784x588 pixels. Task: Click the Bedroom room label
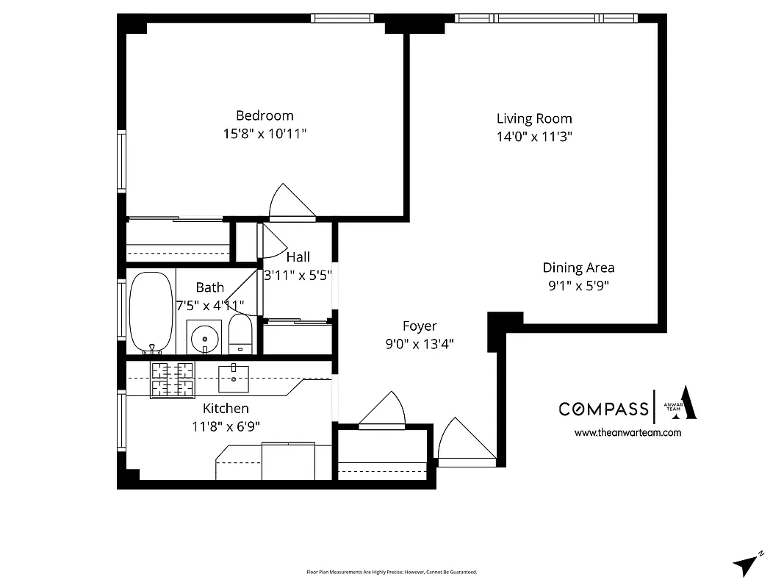tap(265, 115)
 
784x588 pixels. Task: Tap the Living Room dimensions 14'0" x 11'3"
tap(533, 136)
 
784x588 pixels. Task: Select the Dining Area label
tap(578, 268)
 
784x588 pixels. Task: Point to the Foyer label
tap(420, 326)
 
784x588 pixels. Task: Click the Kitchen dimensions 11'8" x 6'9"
tap(226, 426)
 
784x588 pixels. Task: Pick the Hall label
tap(298, 257)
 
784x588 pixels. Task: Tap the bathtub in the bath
tap(151, 312)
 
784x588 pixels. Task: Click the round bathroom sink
tap(204, 339)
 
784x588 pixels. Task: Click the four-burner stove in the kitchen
tap(173, 380)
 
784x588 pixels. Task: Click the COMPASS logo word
tap(603, 409)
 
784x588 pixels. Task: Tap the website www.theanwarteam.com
tap(627, 433)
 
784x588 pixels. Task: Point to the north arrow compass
tap(748, 563)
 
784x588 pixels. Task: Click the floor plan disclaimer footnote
tap(392, 572)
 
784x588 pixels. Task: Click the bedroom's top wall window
tap(342, 18)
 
